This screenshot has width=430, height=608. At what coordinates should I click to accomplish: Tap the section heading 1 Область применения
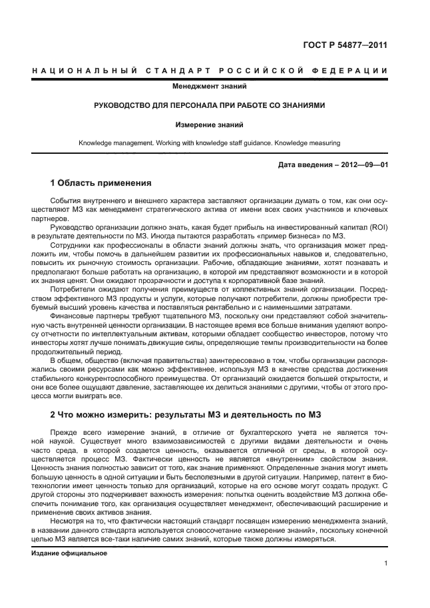point(101,182)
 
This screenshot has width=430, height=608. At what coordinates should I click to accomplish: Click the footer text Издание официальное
point(69,553)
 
